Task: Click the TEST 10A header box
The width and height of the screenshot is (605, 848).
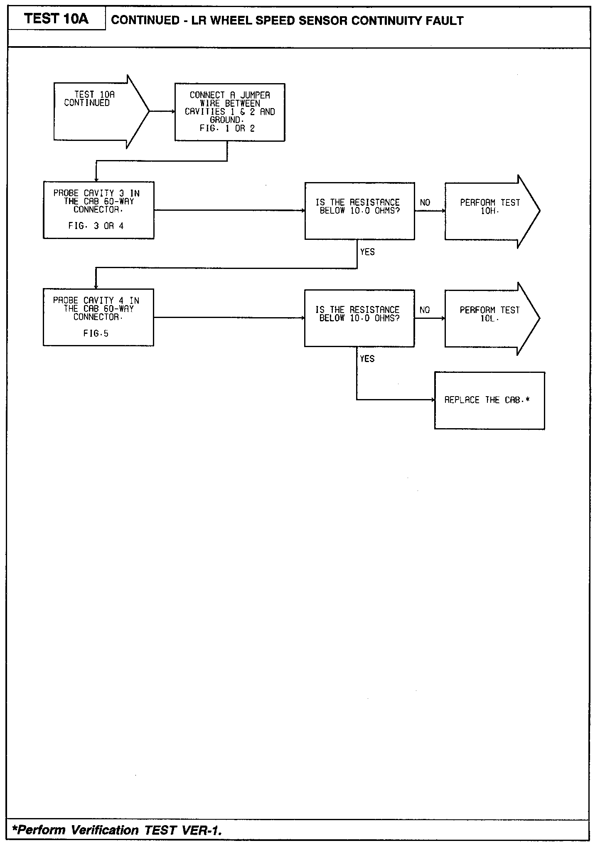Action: point(57,19)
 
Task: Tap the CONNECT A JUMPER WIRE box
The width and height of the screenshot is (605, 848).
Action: point(230,112)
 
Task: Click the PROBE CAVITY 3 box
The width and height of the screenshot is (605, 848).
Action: point(98,210)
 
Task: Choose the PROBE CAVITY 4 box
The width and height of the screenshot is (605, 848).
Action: point(98,317)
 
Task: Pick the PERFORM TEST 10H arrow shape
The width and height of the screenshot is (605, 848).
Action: point(490,211)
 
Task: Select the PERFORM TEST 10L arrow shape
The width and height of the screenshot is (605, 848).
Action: point(490,318)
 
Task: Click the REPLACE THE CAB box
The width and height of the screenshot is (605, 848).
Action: point(489,400)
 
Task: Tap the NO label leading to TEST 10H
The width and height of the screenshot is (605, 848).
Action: point(425,203)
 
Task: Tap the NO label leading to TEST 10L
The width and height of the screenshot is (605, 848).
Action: point(425,310)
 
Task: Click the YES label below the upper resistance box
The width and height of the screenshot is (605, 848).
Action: point(367,252)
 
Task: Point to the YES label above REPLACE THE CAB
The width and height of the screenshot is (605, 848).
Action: point(367,359)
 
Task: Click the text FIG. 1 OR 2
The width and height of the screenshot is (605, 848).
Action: point(227,128)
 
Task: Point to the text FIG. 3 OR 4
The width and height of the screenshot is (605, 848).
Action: point(96,226)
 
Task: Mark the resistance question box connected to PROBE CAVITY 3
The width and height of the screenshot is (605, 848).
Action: point(359,211)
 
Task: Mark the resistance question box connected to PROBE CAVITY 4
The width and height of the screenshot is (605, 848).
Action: point(359,318)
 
